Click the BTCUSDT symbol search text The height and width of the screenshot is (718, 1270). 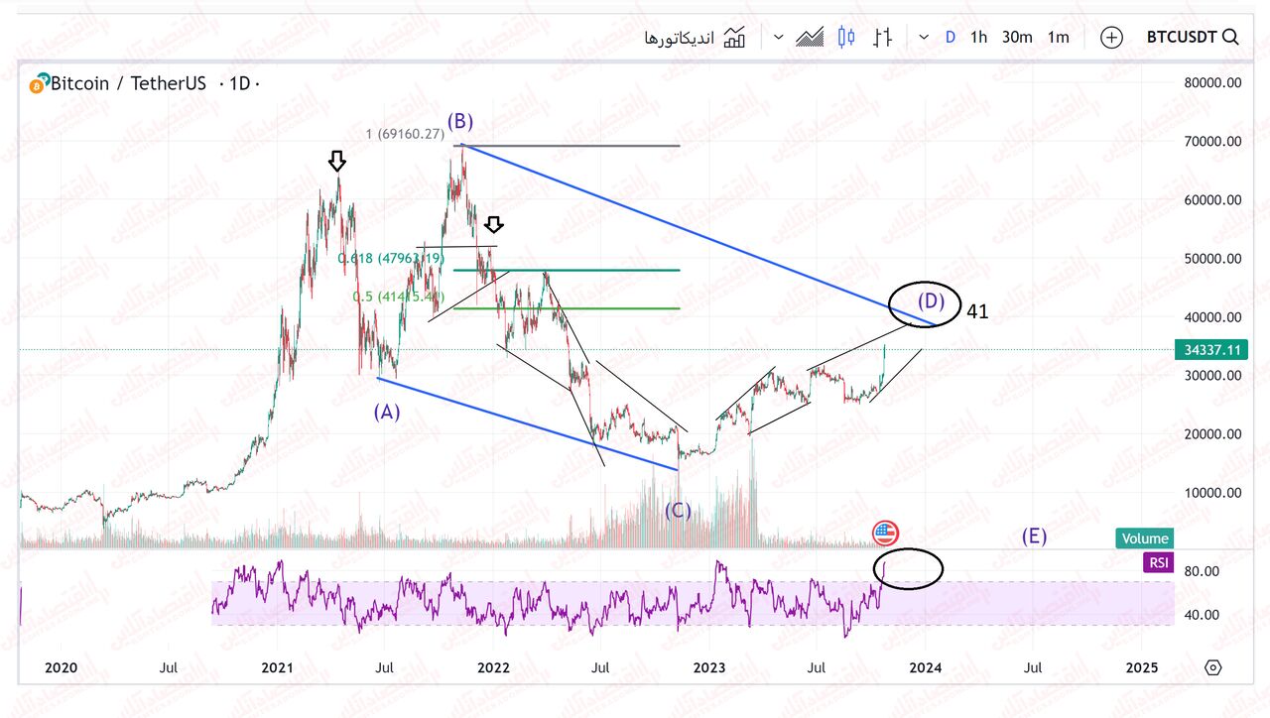coord(1181,38)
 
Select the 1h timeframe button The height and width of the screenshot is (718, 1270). coord(978,38)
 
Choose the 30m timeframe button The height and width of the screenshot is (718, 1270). coord(1017,38)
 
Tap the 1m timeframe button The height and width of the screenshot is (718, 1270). coord(1059,38)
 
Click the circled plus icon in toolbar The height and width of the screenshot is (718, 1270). coord(1111,38)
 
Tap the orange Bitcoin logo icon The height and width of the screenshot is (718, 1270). coord(39,84)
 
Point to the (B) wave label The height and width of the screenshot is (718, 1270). coord(459,122)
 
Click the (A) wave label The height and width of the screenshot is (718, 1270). coord(387,412)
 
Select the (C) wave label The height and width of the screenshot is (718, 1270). coord(678,511)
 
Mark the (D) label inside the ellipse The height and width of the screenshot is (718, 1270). coord(931,299)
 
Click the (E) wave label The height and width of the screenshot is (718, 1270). coord(1035,537)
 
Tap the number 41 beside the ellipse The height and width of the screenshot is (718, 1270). coord(977,311)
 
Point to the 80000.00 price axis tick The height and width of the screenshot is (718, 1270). coord(1212,83)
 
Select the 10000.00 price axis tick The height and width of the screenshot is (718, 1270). coord(1212,493)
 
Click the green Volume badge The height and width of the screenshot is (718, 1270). coord(1145,538)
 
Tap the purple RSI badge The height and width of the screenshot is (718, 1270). coord(1157,563)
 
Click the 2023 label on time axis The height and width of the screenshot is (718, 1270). coord(710,667)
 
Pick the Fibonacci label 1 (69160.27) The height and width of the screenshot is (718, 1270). coord(405,134)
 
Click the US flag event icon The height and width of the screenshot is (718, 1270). coord(885,534)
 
